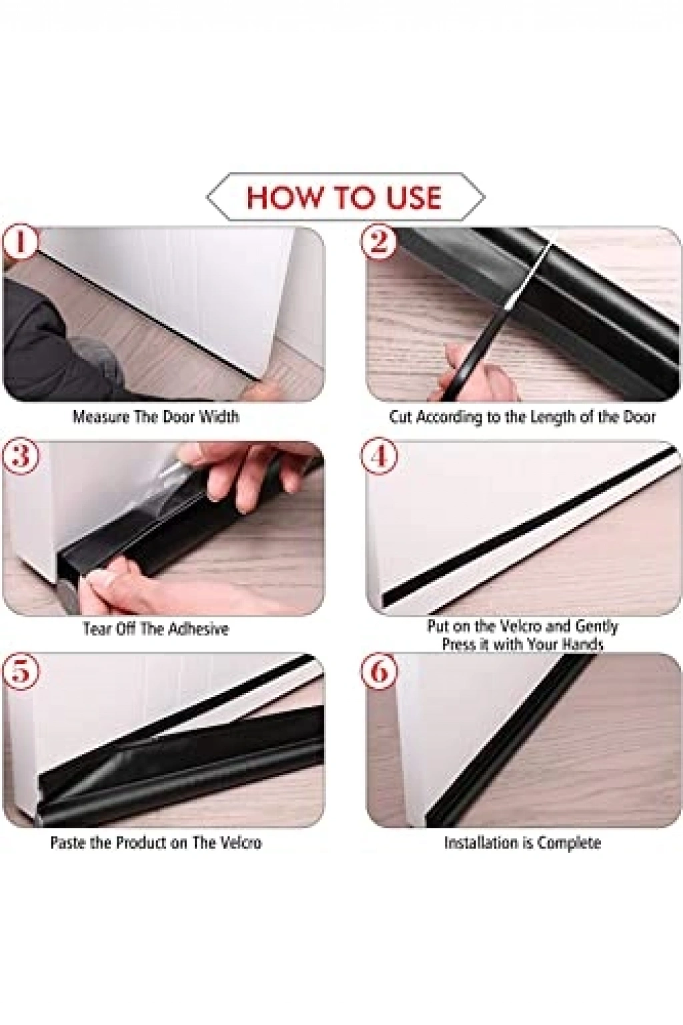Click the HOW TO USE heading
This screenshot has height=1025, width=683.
[x=345, y=197]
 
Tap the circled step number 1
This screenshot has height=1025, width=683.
[x=20, y=242]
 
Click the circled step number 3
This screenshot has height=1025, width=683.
[x=20, y=457]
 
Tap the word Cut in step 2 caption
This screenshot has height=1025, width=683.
[x=402, y=417]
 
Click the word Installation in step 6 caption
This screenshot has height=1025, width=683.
[x=482, y=842]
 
